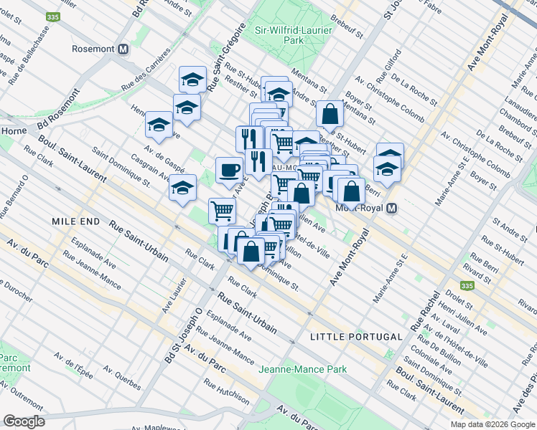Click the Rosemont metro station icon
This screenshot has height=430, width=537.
tap(123, 49)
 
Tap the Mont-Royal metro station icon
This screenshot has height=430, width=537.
tap(391, 209)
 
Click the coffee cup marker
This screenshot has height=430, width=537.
tap(229, 171)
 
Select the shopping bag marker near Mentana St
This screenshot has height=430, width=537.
tap(329, 113)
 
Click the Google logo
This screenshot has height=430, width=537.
tap(24, 421)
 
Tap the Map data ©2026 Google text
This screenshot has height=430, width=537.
tap(492, 424)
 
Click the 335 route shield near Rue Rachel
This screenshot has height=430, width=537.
tap(467, 285)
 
